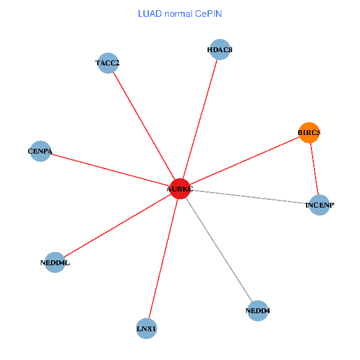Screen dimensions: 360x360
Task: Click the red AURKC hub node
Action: [179, 189]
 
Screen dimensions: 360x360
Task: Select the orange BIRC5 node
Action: [309, 133]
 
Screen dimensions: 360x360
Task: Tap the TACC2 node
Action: [107, 62]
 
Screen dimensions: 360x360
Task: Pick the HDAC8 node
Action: [220, 50]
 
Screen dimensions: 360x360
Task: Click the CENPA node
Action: [40, 151]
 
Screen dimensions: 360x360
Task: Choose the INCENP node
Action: [319, 205]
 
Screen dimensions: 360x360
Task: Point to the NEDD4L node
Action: [55, 262]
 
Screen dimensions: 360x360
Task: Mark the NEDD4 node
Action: [257, 311]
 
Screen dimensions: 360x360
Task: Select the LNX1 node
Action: [146, 329]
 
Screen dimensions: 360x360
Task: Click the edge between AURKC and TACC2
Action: [143, 125]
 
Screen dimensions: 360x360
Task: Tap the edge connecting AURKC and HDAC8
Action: [200, 119]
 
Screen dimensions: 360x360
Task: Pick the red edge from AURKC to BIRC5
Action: [244, 161]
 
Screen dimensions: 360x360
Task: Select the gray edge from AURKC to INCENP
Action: [249, 197]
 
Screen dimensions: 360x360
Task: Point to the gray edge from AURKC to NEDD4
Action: [218, 250]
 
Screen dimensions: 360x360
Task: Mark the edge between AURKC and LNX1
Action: [163, 259]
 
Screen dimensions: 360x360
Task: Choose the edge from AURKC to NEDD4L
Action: [117, 226]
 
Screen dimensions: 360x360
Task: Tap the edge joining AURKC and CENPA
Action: [109, 170]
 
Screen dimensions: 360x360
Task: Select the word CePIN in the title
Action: [208, 13]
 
